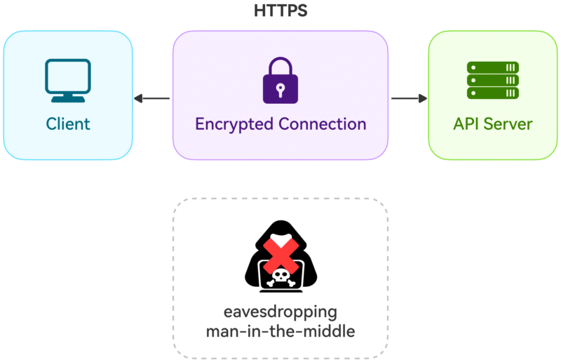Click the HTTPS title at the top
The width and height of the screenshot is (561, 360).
[x=280, y=11]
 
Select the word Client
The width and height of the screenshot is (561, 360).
[x=68, y=124]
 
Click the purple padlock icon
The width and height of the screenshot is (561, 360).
[x=280, y=81]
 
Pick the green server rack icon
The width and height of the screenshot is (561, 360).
[x=492, y=80]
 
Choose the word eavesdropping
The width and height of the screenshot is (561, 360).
[x=280, y=312]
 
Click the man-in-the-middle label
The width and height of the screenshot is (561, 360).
[x=280, y=330]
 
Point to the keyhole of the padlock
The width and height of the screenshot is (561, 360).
[x=280, y=89]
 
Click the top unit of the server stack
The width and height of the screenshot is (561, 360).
[x=492, y=67]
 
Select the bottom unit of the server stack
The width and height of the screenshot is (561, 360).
[x=492, y=93]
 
